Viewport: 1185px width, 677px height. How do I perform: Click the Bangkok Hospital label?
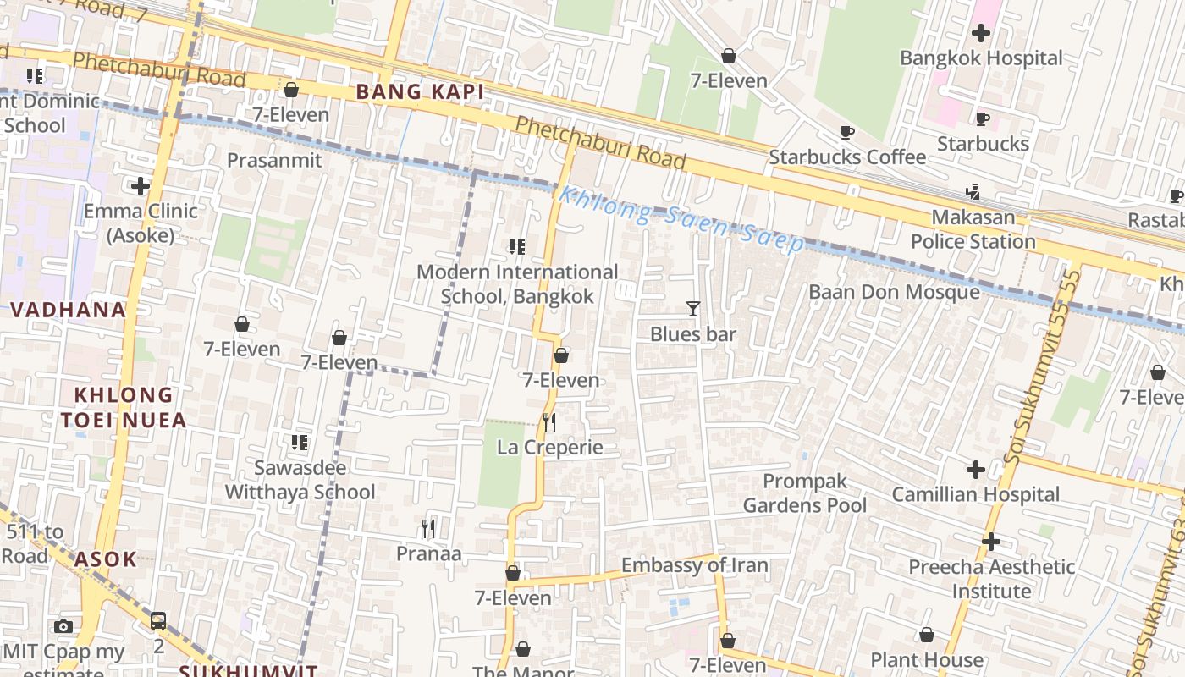click(981, 58)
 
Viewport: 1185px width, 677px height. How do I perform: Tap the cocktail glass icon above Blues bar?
click(692, 309)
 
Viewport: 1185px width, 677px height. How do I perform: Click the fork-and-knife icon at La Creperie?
click(549, 421)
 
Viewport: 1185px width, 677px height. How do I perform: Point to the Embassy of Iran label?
click(694, 565)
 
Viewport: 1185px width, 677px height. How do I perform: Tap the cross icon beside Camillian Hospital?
click(975, 469)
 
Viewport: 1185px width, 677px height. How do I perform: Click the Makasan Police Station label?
click(973, 229)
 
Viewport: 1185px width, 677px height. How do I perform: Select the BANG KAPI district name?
click(420, 92)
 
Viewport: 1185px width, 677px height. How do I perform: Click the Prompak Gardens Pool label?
click(804, 493)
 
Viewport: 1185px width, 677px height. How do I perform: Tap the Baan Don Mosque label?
click(894, 292)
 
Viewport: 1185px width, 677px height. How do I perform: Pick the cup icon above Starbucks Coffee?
click(846, 132)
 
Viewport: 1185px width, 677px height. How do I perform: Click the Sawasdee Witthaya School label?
click(300, 480)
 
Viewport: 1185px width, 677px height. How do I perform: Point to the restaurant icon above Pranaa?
click(428, 529)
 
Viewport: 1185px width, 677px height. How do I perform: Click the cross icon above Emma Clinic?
click(141, 186)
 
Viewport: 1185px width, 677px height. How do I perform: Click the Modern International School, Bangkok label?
click(517, 284)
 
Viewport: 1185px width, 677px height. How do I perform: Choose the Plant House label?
click(927, 660)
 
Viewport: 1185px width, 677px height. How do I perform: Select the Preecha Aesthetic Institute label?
click(991, 579)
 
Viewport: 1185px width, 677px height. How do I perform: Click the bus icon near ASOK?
click(158, 620)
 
